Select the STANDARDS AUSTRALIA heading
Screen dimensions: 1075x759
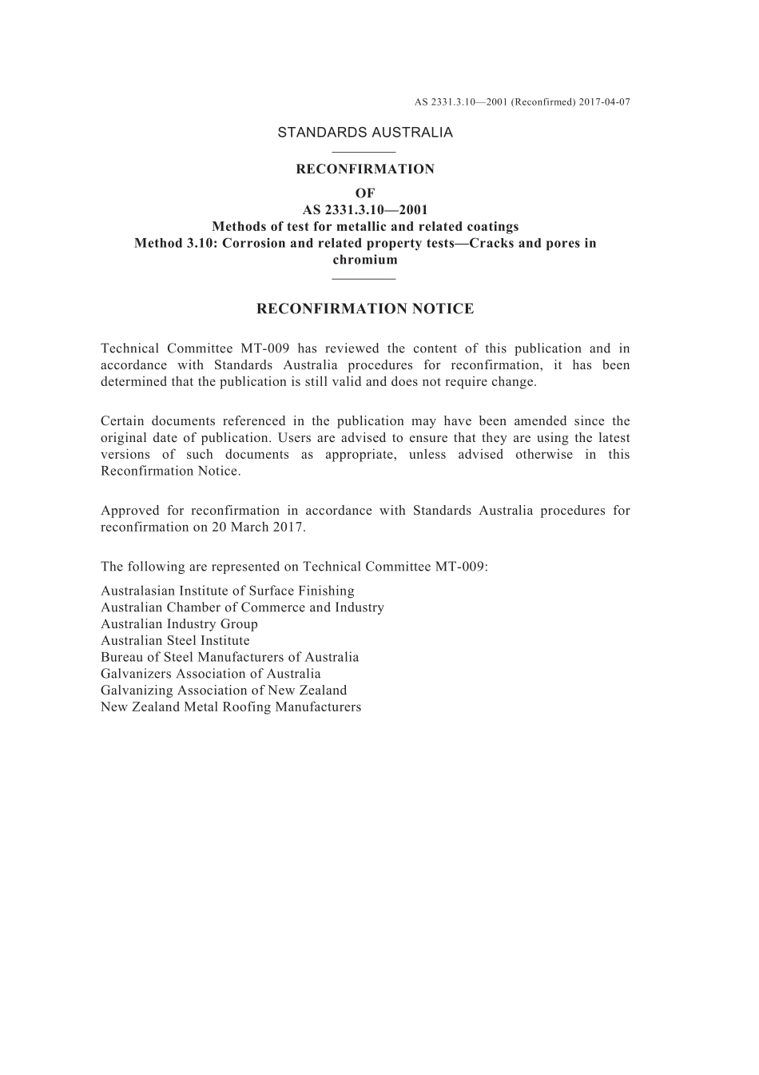point(365,133)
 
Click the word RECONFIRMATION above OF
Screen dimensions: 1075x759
point(365,169)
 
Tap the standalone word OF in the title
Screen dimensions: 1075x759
point(365,193)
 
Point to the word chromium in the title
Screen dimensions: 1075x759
point(365,260)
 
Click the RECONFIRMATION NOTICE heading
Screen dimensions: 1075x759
point(365,309)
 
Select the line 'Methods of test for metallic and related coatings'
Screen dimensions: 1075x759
point(365,226)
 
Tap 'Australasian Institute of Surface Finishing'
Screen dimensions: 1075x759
point(228,591)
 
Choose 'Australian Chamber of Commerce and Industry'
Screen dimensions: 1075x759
point(242,607)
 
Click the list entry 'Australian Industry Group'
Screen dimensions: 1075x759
point(179,624)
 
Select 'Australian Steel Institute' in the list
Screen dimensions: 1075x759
point(175,641)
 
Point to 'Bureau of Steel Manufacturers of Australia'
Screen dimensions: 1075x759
point(229,657)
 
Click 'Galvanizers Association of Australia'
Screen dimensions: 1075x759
point(210,674)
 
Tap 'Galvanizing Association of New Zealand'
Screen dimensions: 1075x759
point(224,691)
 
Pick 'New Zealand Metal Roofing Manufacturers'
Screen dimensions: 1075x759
point(231,707)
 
